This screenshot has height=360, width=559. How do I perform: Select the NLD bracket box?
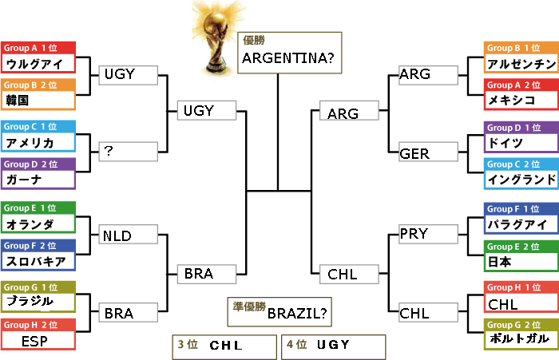129,235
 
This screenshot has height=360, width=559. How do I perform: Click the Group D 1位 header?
521,128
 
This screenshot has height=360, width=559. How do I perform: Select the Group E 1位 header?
38,208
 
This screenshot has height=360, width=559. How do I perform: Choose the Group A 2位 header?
521,85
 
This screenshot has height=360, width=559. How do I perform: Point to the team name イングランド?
521,180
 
